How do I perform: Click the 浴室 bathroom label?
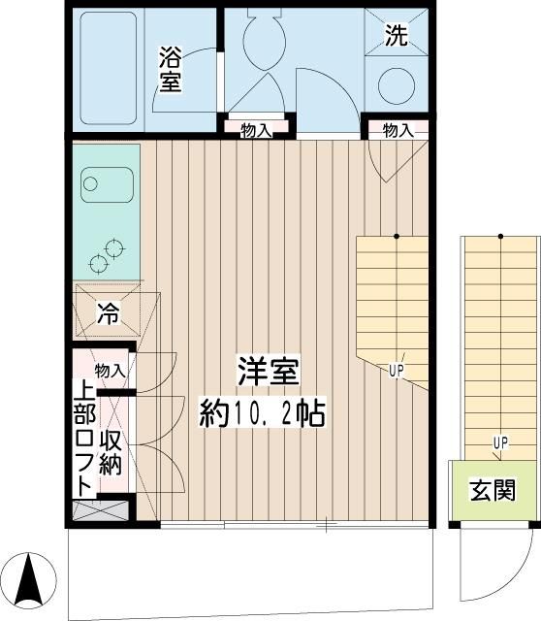point(170,70)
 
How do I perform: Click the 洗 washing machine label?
point(397,36)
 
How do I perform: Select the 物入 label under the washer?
point(398,130)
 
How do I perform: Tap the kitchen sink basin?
point(105,181)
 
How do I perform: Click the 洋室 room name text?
point(269,372)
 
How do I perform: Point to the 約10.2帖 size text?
point(262,414)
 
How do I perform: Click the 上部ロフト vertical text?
point(85,438)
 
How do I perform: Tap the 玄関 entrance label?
point(493,491)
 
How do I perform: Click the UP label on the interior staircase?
point(397,369)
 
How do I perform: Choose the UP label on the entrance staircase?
point(500,443)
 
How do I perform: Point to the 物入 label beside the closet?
point(111,370)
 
